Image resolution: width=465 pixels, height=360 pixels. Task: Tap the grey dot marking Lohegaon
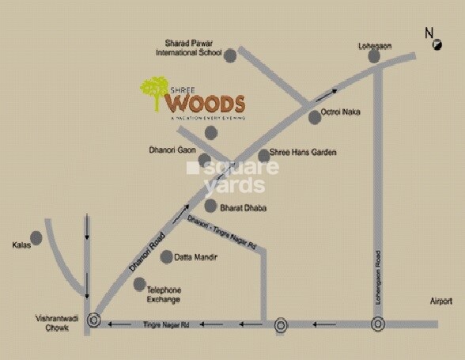(x=373, y=56)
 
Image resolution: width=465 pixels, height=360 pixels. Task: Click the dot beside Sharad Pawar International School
(x=230, y=55)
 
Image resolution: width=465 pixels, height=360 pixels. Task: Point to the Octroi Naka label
(x=341, y=112)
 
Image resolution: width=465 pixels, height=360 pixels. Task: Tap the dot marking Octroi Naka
(x=315, y=116)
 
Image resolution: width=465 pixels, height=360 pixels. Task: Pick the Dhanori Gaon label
(x=172, y=148)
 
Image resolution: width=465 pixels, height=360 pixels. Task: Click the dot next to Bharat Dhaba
(x=210, y=206)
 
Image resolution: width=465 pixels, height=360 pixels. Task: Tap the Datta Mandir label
(x=195, y=257)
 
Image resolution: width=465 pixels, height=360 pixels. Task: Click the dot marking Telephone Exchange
(x=140, y=284)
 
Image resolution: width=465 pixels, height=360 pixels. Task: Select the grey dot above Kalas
(x=36, y=237)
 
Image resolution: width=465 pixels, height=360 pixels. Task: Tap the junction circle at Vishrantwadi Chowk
(x=94, y=320)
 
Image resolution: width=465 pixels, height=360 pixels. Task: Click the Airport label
(x=441, y=301)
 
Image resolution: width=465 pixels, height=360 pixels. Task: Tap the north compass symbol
(x=437, y=46)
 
